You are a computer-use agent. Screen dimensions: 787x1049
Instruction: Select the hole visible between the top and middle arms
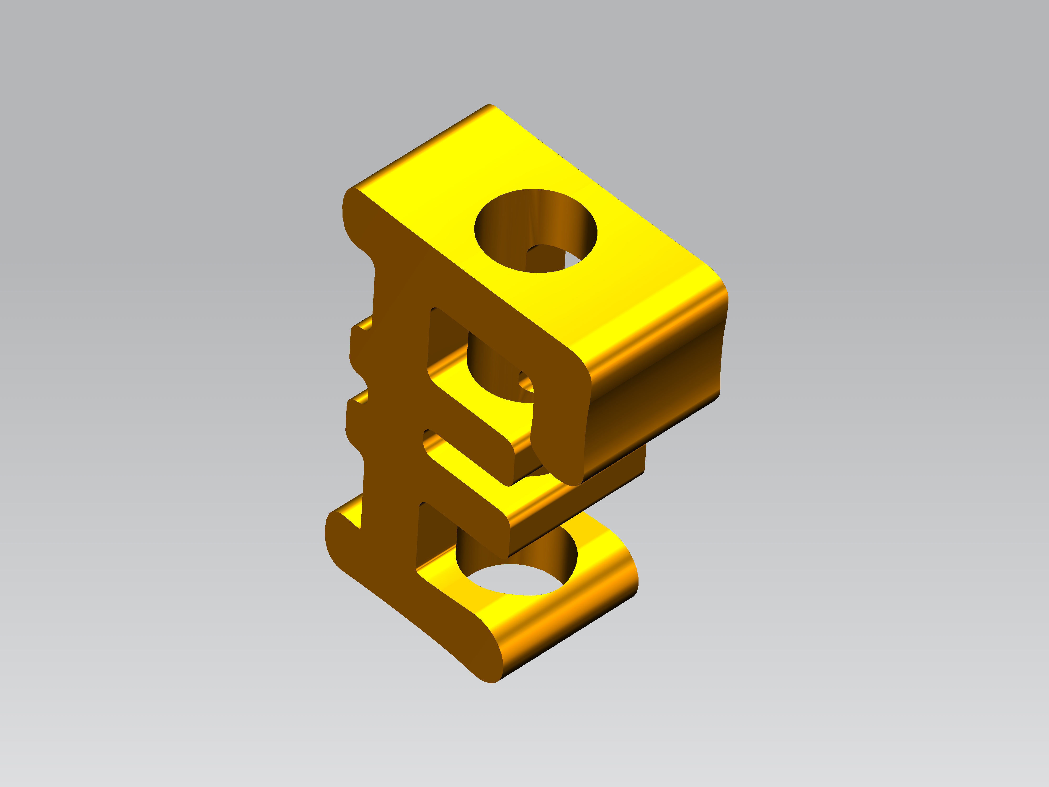coord(498,375)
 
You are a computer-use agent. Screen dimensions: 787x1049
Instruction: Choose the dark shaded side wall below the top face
coord(654,403)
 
